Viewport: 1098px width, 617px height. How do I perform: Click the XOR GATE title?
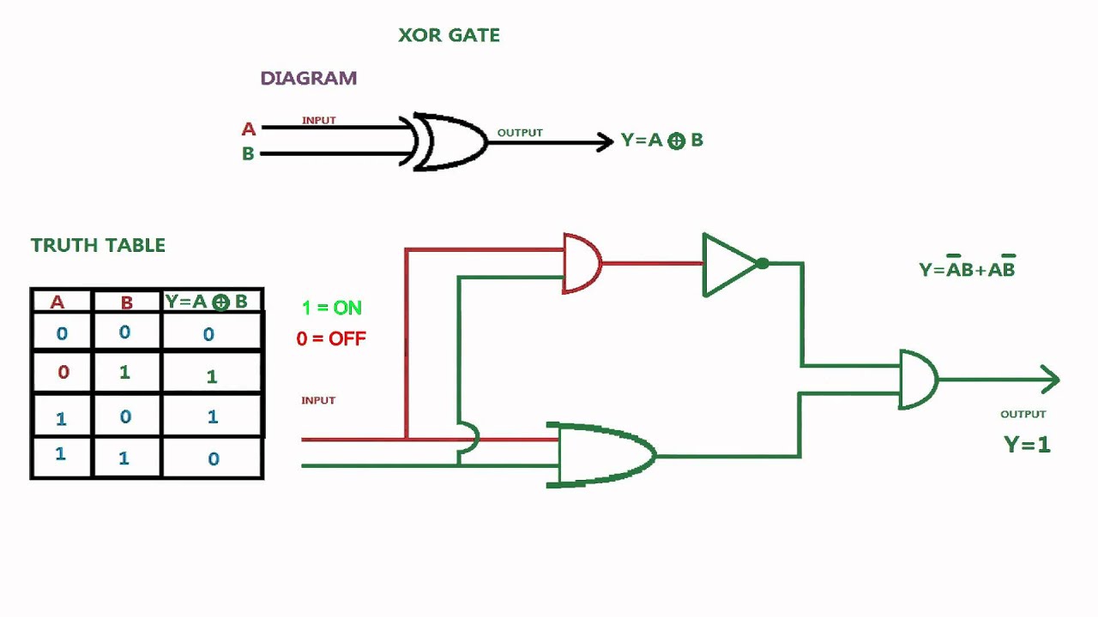point(449,35)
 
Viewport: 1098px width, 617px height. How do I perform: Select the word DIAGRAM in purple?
point(308,78)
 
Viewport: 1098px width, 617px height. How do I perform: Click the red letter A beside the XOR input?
point(249,129)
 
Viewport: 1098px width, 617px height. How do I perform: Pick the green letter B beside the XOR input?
point(248,154)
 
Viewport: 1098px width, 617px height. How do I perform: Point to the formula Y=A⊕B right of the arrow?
point(661,141)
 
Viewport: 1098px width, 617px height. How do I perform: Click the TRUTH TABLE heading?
point(98,245)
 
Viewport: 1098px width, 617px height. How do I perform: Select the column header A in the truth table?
point(57,302)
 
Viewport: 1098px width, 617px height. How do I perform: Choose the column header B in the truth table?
point(127,302)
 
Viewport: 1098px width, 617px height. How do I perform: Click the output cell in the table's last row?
point(213,458)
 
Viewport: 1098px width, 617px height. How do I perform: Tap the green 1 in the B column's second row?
point(125,373)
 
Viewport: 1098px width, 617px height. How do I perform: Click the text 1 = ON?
point(332,308)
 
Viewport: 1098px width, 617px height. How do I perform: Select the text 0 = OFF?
point(331,338)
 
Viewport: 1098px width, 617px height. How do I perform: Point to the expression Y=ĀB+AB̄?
point(967,269)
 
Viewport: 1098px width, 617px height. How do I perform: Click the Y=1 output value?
point(1027,445)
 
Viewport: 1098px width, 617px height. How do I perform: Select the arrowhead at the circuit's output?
point(1051,379)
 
